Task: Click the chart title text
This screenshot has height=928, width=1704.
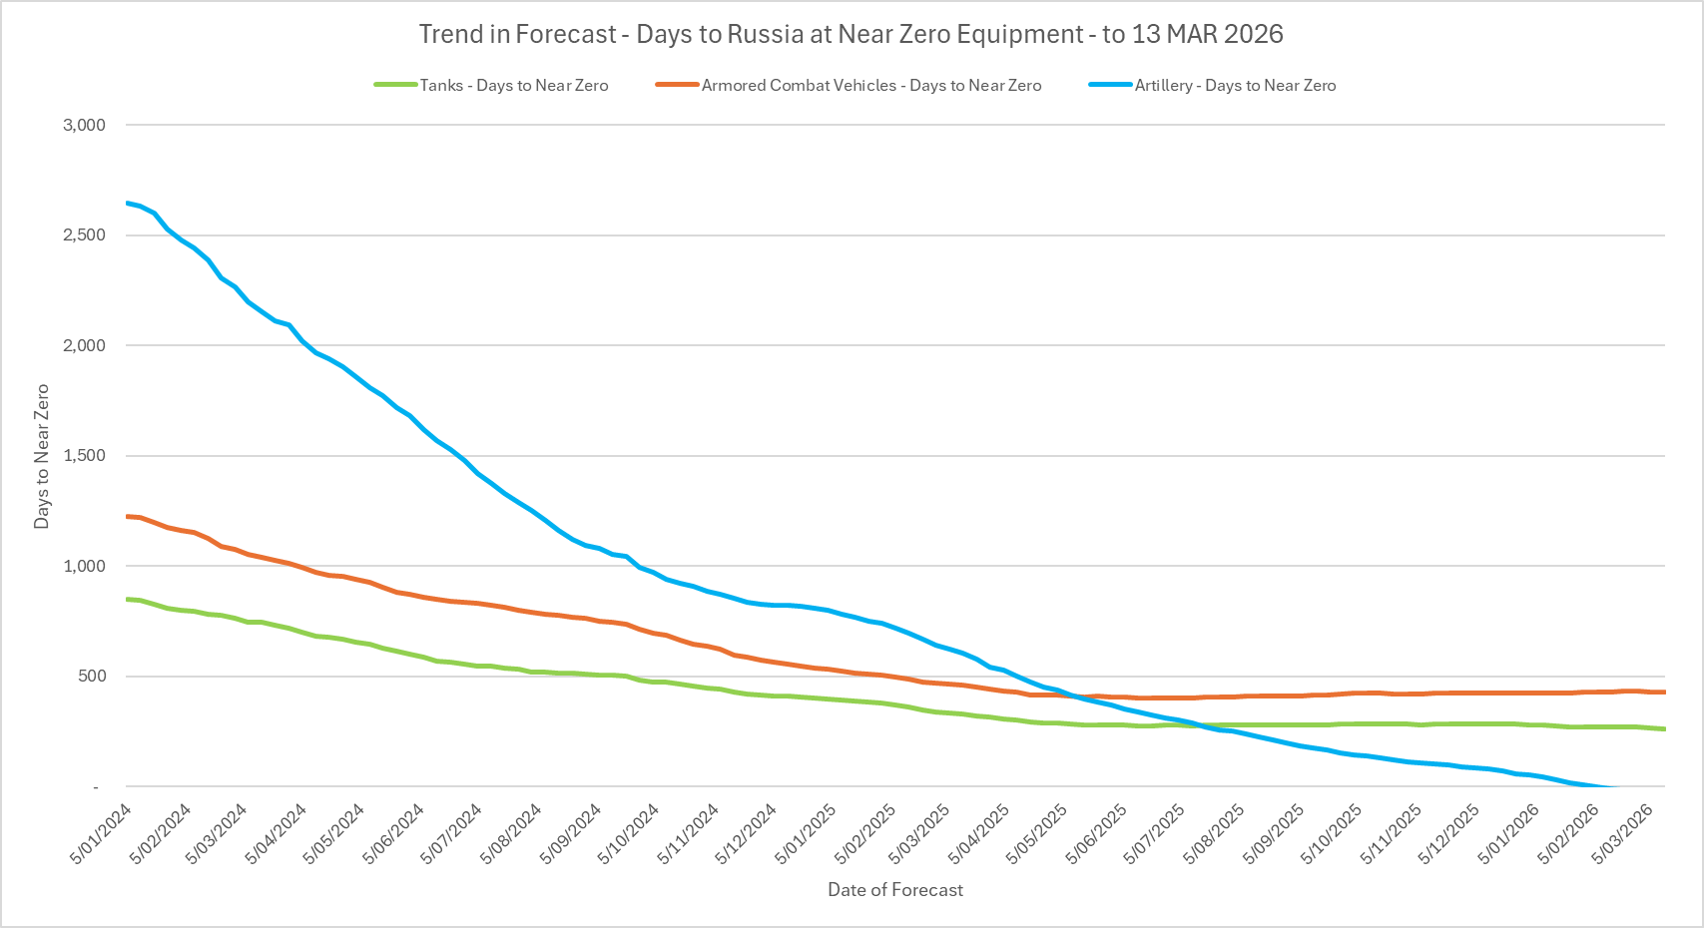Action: coord(851,34)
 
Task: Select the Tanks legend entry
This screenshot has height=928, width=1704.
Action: coord(513,86)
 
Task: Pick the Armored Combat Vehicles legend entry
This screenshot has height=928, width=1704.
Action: coord(870,86)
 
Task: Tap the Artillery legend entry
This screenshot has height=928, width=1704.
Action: coord(1234,86)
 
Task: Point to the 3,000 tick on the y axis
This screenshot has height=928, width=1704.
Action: coord(84,125)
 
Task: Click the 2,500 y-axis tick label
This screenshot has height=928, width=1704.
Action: coord(84,235)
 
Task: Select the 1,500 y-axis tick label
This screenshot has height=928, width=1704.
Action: coord(84,456)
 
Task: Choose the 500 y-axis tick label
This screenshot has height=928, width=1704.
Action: coord(91,677)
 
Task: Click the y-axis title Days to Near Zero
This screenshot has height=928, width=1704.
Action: coord(42,456)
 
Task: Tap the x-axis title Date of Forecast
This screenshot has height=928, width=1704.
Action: coord(895,890)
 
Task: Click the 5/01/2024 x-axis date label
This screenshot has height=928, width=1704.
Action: coord(101,834)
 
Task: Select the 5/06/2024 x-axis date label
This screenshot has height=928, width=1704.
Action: coord(394,834)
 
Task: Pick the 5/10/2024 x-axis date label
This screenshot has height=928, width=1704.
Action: coord(629,834)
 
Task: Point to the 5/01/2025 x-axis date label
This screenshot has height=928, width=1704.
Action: coord(806,834)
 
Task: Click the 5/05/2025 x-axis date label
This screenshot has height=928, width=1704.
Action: coord(1039,834)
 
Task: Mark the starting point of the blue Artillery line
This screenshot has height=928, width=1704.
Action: coord(127,204)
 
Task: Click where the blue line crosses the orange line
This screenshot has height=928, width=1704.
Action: coord(1073,696)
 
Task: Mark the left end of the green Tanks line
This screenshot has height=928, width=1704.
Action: coord(127,599)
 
